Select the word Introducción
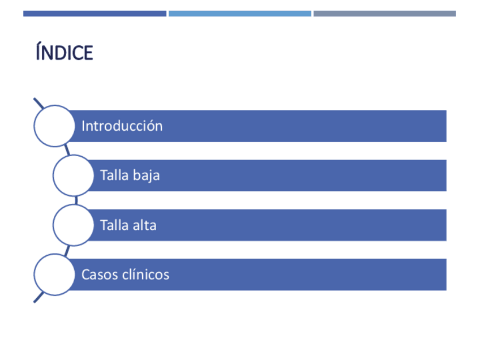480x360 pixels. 122,126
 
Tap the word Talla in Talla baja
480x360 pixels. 114,175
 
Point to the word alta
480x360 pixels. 144,225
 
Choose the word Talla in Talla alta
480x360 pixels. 114,225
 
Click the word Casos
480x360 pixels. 100,275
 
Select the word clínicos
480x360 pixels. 145,274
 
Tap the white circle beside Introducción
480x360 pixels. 54,126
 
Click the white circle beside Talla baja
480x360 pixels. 73,175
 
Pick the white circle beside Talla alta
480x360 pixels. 73,225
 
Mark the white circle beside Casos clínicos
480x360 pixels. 54,275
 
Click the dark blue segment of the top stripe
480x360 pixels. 95,14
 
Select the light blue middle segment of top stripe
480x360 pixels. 239,14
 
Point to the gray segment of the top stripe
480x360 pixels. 385,14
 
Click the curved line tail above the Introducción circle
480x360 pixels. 38,103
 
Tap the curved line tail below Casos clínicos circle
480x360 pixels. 38,297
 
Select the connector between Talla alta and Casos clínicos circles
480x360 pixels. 67,251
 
